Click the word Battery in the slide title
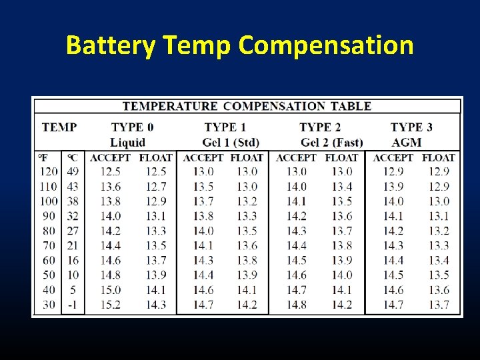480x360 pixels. click(x=111, y=45)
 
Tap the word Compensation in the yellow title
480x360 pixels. click(x=326, y=45)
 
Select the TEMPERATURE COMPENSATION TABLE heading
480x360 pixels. click(x=247, y=106)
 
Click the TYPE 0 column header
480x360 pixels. click(x=132, y=127)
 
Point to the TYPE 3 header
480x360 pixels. click(x=411, y=127)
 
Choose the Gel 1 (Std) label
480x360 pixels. click(x=231, y=142)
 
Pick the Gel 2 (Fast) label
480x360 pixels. click(x=331, y=142)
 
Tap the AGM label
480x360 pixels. click(x=407, y=142)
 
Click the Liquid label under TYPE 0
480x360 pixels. click(x=127, y=142)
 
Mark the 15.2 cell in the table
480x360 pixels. click(x=110, y=305)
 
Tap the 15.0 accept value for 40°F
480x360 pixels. click(x=110, y=290)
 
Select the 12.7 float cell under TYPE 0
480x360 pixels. click(x=155, y=187)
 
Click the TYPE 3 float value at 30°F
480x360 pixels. click(x=439, y=305)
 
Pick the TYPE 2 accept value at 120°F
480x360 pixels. click(x=296, y=172)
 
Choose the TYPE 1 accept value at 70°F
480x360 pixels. click(x=203, y=245)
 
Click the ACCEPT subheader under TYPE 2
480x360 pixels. click(x=296, y=158)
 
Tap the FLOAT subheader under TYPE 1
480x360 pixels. click(x=247, y=158)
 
